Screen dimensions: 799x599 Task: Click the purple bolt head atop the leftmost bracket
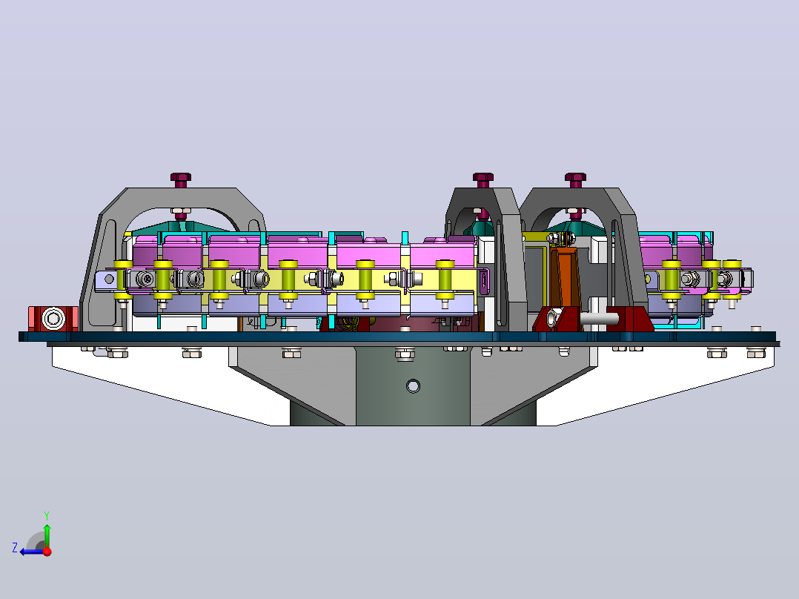pos(180,179)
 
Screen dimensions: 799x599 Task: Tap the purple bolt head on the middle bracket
pos(483,179)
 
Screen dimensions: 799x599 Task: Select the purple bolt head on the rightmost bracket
pos(575,179)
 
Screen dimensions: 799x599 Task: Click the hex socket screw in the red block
pos(53,319)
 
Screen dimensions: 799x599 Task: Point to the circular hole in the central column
pos(413,386)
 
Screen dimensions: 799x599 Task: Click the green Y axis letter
pos(47,515)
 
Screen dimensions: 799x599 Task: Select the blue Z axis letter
pos(15,548)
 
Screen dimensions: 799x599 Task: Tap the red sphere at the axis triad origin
pos(47,552)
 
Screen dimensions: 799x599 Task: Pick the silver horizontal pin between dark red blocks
pos(599,319)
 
